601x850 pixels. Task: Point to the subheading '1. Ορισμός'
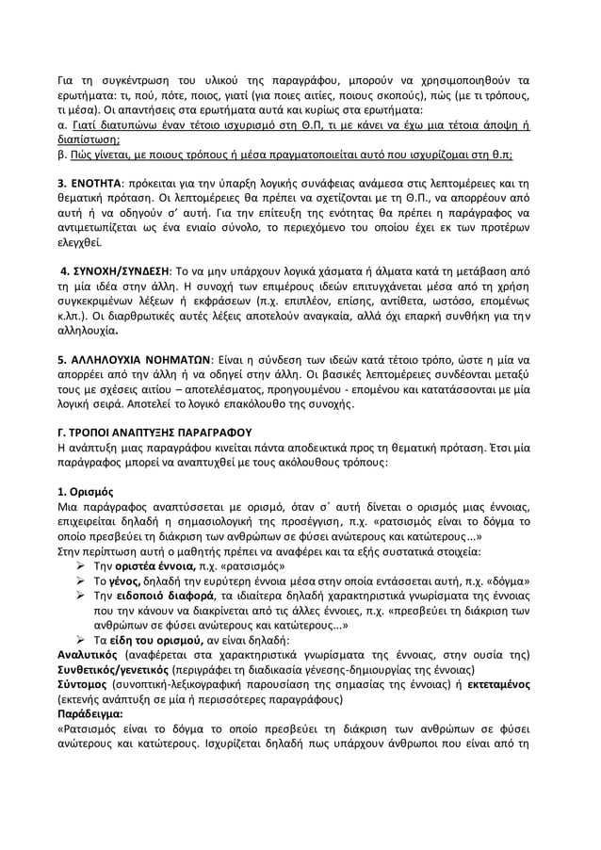pyautogui.click(x=86, y=491)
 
